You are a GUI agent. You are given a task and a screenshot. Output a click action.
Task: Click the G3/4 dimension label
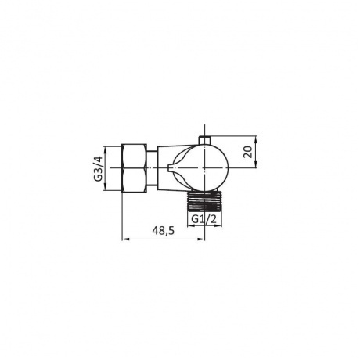[x=98, y=168]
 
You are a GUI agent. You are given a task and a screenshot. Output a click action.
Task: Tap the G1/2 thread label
[x=204, y=219]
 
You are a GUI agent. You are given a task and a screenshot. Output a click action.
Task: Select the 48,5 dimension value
[x=164, y=231]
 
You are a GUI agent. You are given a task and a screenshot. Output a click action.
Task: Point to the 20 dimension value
[x=248, y=152]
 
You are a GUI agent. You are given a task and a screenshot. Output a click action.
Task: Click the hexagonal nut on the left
[x=135, y=168]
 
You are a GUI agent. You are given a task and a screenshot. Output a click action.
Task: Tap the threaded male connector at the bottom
[x=204, y=201]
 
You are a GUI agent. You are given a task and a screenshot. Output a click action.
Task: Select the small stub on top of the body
[x=204, y=139]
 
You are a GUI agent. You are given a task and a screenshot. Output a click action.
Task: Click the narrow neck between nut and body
[x=152, y=168]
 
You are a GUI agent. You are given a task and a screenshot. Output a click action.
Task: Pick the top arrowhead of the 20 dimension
[x=256, y=139]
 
